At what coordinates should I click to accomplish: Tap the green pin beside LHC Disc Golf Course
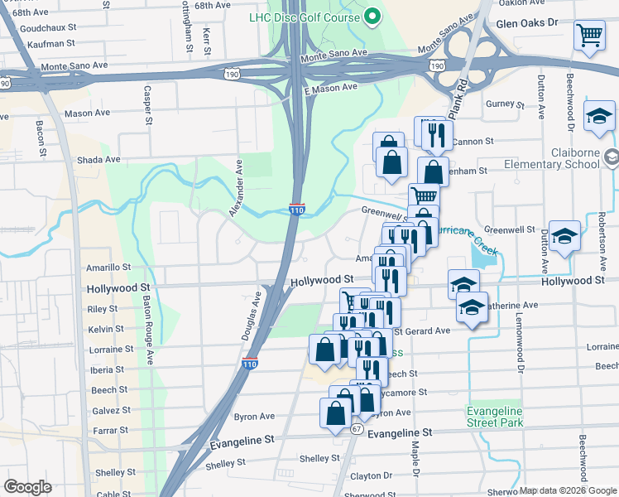pos(372,16)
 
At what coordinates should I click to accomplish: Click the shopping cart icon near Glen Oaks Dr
pos(590,36)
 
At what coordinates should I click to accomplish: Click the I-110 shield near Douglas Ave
pos(250,364)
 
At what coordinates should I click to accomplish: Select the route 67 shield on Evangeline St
pos(357,429)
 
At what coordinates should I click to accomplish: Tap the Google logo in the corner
pos(28,486)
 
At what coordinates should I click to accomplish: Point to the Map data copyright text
pos(568,490)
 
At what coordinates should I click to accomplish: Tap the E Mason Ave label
pos(330,87)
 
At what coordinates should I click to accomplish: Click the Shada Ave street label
pos(98,159)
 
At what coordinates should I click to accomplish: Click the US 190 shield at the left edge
pos(6,83)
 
